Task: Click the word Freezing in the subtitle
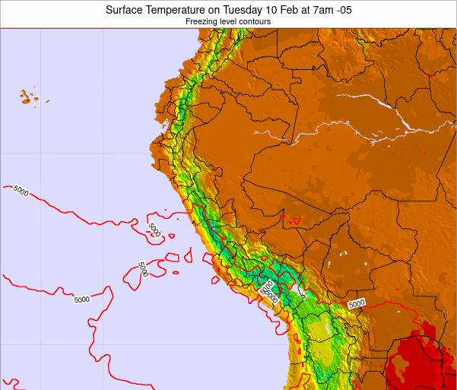pos(200,22)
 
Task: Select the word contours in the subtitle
pos(255,22)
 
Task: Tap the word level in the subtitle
pos(227,22)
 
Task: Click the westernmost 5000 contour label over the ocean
pos(21,192)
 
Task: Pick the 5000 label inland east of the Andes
pos(357,303)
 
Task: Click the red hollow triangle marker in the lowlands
pos(296,222)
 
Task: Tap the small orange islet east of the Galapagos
pos(46,100)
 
